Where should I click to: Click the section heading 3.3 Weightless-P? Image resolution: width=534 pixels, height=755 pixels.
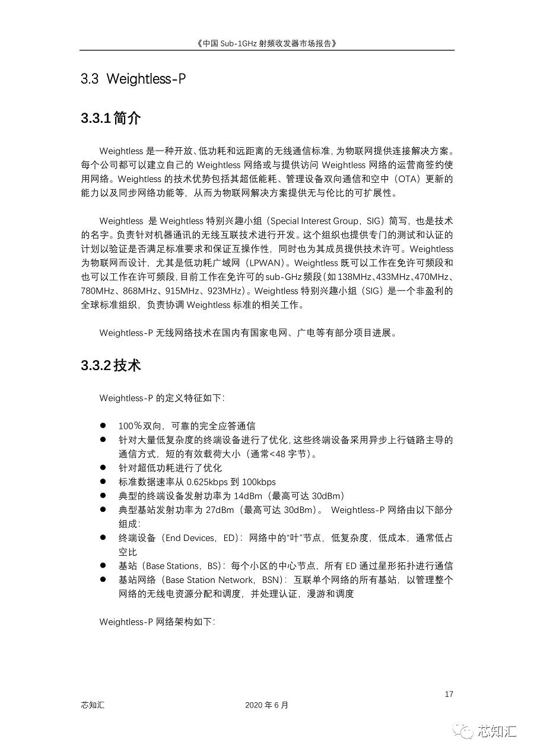(x=133, y=79)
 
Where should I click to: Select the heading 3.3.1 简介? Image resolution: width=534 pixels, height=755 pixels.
(x=110, y=118)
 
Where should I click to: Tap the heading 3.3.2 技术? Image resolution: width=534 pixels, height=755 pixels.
(x=110, y=365)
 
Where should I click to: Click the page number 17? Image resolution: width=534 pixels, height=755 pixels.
(x=449, y=694)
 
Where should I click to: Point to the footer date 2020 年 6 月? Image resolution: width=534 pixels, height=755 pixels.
(x=266, y=705)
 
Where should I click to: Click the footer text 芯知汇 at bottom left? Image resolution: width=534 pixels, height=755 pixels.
(x=93, y=705)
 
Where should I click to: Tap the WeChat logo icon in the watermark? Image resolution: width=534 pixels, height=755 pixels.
(x=463, y=731)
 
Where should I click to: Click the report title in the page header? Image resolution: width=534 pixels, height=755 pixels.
(x=267, y=43)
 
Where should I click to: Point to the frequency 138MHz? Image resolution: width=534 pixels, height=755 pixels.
(x=357, y=277)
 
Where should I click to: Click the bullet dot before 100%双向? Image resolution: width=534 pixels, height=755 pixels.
(x=103, y=426)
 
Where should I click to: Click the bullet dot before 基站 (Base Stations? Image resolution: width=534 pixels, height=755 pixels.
(x=103, y=566)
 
